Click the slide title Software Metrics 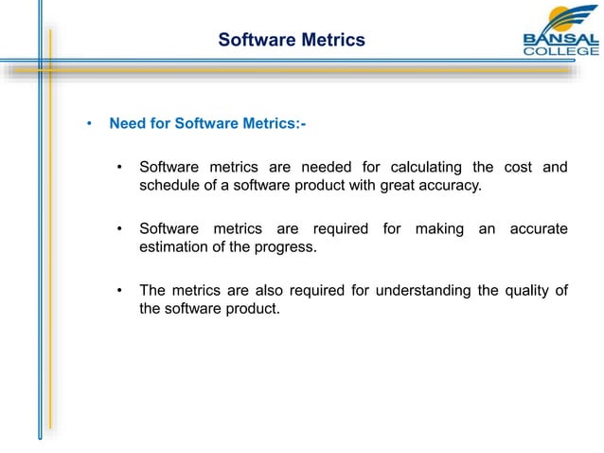click(x=291, y=40)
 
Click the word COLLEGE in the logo click(x=560, y=51)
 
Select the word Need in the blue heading click(x=126, y=123)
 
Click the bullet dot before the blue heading click(x=87, y=123)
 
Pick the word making click(x=436, y=228)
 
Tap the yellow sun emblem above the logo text click(x=565, y=17)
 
